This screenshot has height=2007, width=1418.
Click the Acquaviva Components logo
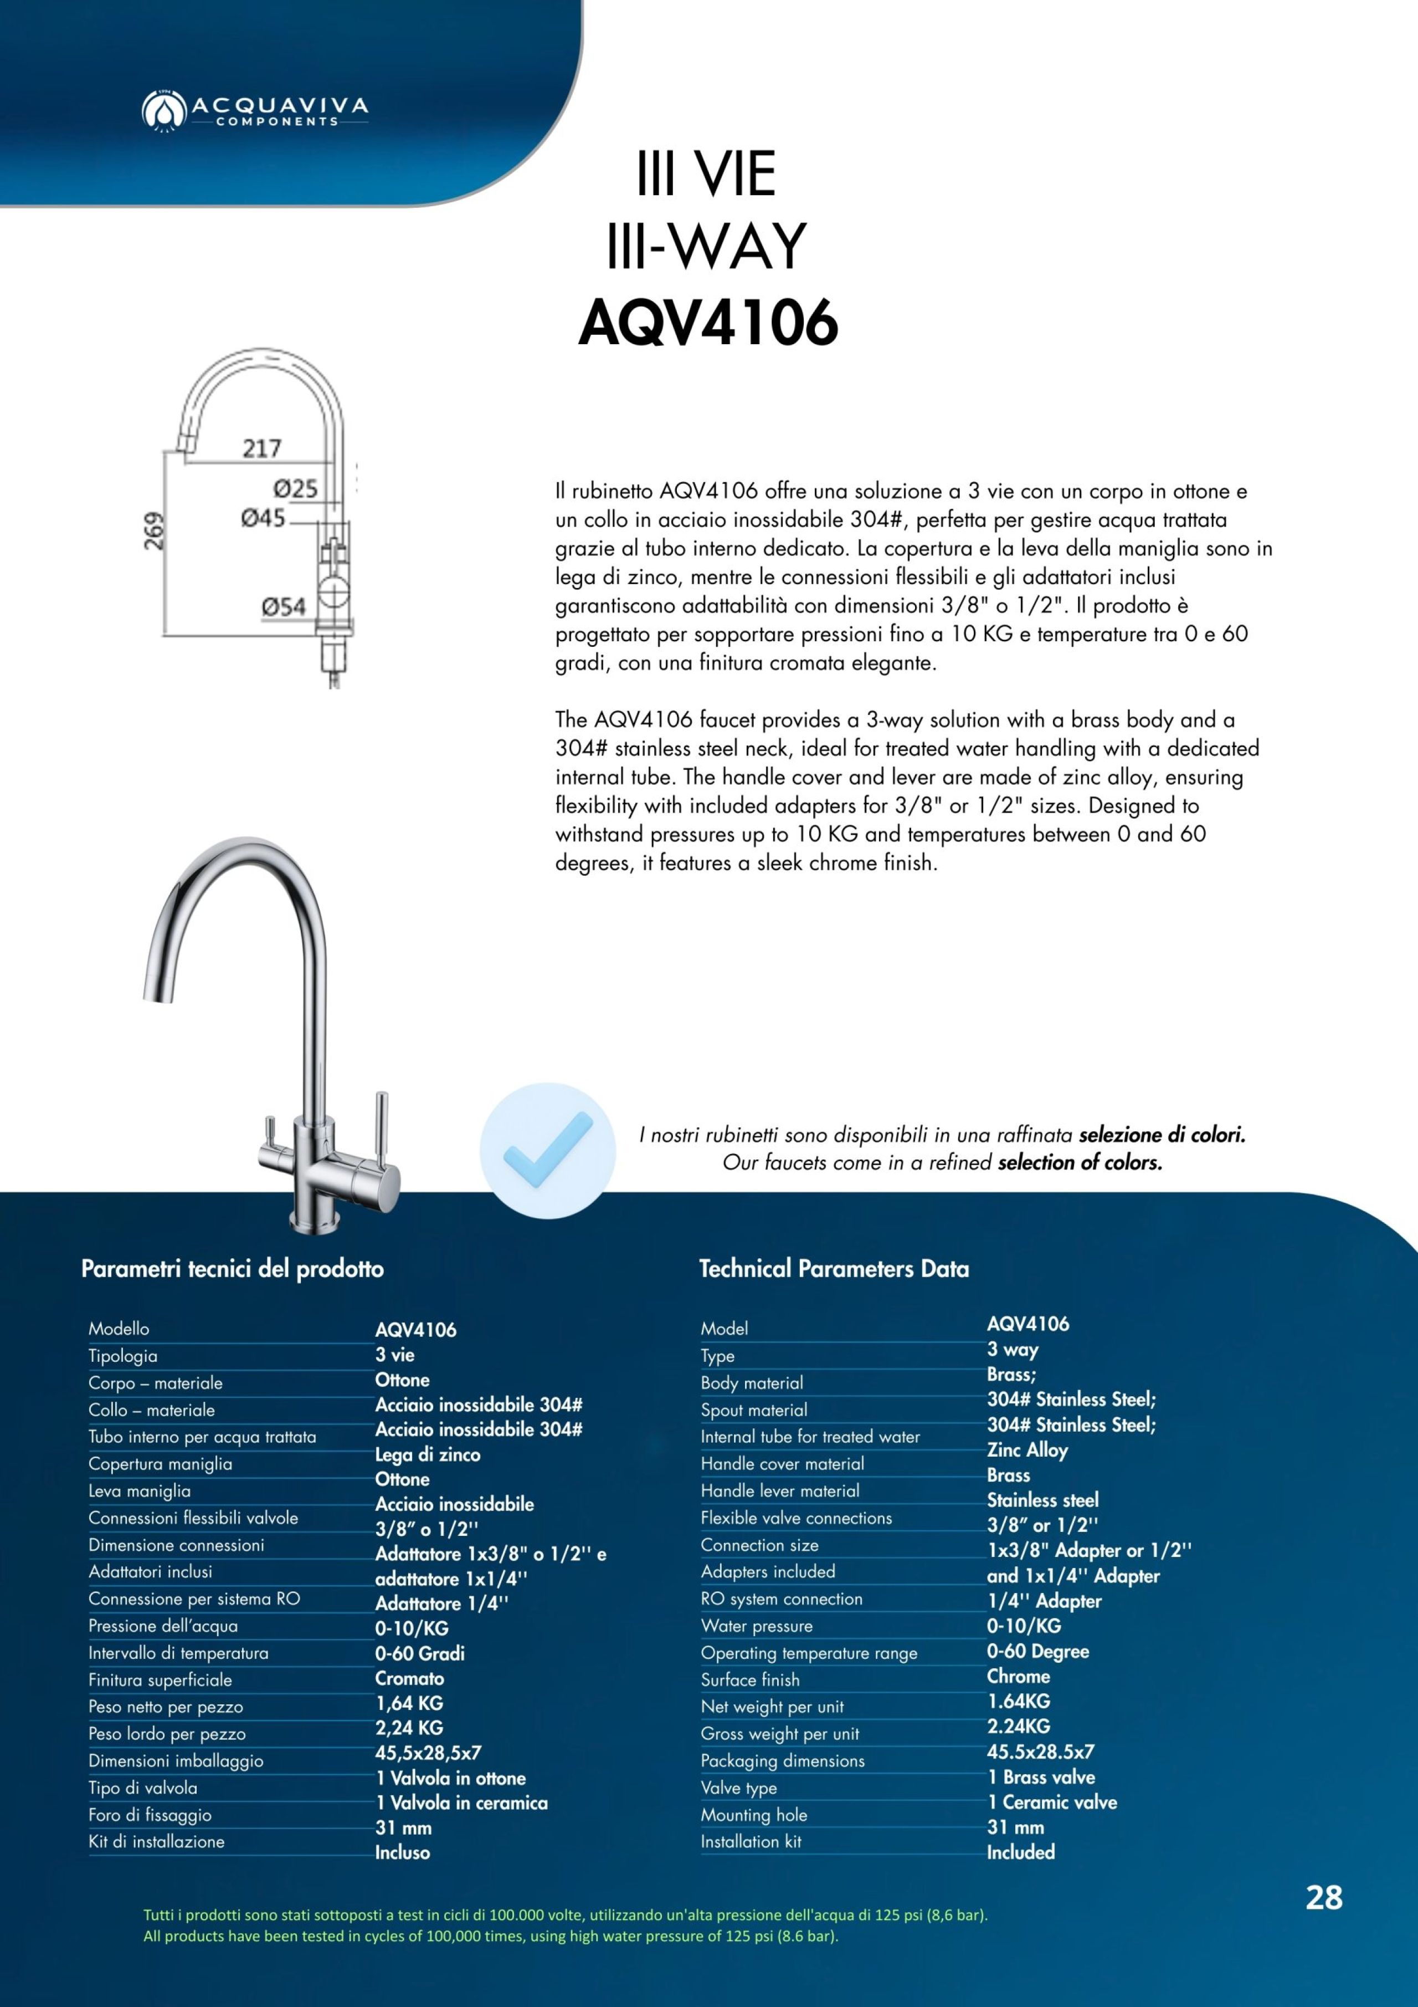[x=254, y=109]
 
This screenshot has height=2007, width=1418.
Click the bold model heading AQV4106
[x=708, y=323]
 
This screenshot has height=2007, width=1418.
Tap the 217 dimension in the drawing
[x=261, y=448]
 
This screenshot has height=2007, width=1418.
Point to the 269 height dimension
[x=155, y=530]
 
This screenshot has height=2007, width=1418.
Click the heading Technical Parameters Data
[x=834, y=1268]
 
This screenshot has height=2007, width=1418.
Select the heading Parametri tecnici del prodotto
[x=233, y=1268]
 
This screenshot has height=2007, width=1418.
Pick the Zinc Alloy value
[x=1027, y=1449]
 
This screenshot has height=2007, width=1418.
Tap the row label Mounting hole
[x=753, y=1815]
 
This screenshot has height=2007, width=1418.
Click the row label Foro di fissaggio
[x=150, y=1815]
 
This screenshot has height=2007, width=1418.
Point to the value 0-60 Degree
[x=1038, y=1651]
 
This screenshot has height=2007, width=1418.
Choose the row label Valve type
[x=738, y=1788]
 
